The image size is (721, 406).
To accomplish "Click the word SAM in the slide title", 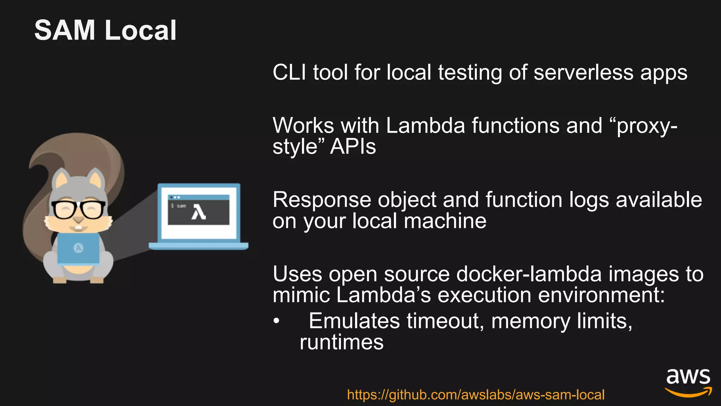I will [65, 30].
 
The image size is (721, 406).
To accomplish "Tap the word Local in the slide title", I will [140, 30].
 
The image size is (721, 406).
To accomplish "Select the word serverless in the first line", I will [583, 73].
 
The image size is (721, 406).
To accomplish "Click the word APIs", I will [353, 147].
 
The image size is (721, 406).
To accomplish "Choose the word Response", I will [322, 200].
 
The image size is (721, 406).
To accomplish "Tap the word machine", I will [445, 221].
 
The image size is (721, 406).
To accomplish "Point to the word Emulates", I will [354, 321].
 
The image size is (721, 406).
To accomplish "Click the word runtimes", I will [341, 342].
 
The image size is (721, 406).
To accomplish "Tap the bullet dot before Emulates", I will [277, 321].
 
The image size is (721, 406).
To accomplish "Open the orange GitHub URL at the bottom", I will [476, 395].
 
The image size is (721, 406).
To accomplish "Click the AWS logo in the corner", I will [688, 382].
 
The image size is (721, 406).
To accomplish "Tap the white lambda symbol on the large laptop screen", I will [199, 213].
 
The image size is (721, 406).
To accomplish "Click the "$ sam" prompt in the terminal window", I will [178, 205].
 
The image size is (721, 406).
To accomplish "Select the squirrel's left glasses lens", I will [64, 210].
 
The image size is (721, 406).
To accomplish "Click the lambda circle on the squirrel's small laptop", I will [78, 248].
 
